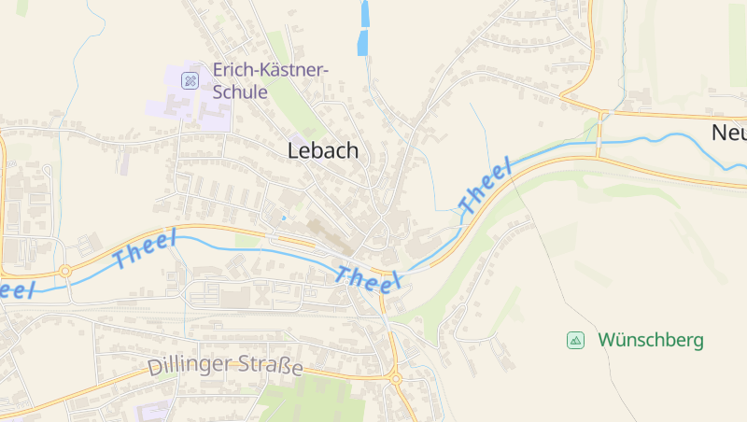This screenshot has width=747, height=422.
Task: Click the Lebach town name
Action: pyautogui.click(x=322, y=150)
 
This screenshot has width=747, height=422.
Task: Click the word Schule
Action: pyautogui.click(x=240, y=92)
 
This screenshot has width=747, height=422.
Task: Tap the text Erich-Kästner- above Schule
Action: pyautogui.click(x=271, y=70)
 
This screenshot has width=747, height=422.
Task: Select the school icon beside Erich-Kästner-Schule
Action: pyautogui.click(x=190, y=80)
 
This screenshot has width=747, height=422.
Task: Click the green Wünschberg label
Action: pyautogui.click(x=651, y=340)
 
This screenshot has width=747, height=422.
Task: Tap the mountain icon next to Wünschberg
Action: pyautogui.click(x=576, y=340)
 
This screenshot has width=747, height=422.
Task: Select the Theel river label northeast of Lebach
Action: pyautogui.click(x=486, y=186)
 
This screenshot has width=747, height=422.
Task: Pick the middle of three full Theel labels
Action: pyautogui.click(x=369, y=278)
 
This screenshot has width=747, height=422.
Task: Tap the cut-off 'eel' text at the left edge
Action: pyautogui.click(x=17, y=288)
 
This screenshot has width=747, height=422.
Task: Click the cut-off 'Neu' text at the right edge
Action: pyautogui.click(x=729, y=133)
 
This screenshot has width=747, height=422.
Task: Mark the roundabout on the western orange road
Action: pyautogui.click(x=65, y=272)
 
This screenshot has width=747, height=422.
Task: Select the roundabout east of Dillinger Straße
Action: pyautogui.click(x=395, y=379)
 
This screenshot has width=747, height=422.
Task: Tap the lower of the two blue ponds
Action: pyautogui.click(x=361, y=43)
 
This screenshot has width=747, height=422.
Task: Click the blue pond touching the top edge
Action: pyautogui.click(x=364, y=12)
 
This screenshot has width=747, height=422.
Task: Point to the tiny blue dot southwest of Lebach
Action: pyautogui.click(x=283, y=218)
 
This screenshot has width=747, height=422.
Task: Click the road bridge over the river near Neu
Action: pyautogui.click(x=599, y=144)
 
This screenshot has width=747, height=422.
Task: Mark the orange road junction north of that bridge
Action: pyautogui.click(x=602, y=115)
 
